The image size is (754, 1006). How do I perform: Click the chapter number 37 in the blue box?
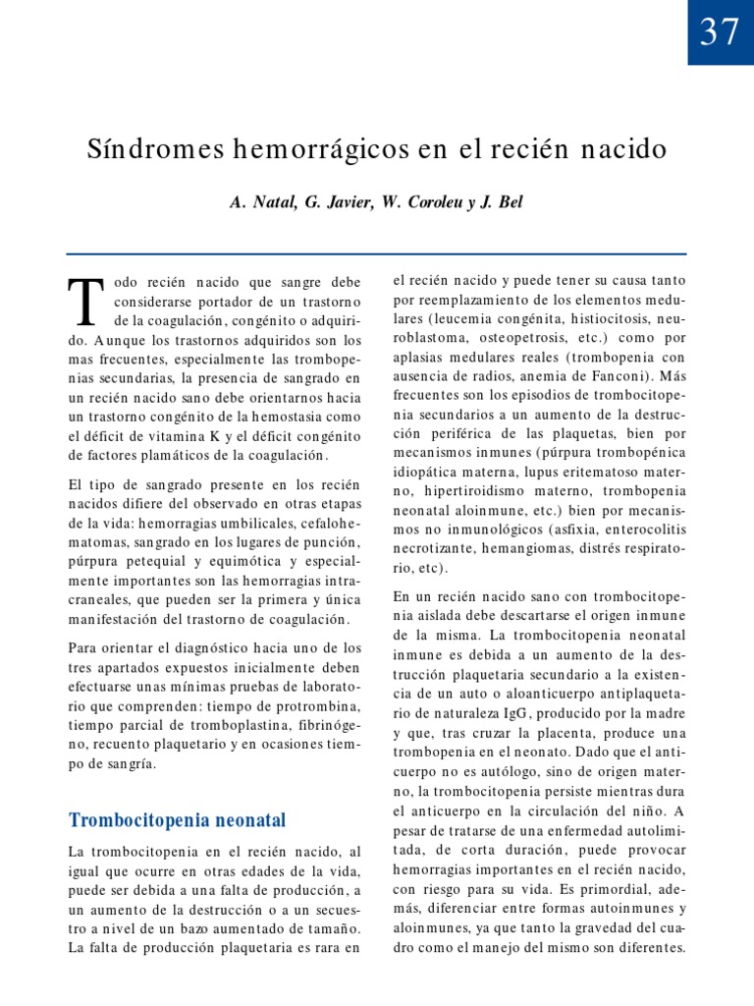click(x=720, y=32)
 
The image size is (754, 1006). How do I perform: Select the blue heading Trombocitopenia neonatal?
click(x=176, y=819)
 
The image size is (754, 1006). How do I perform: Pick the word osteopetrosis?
click(x=507, y=338)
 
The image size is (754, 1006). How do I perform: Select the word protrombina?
click(x=314, y=707)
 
